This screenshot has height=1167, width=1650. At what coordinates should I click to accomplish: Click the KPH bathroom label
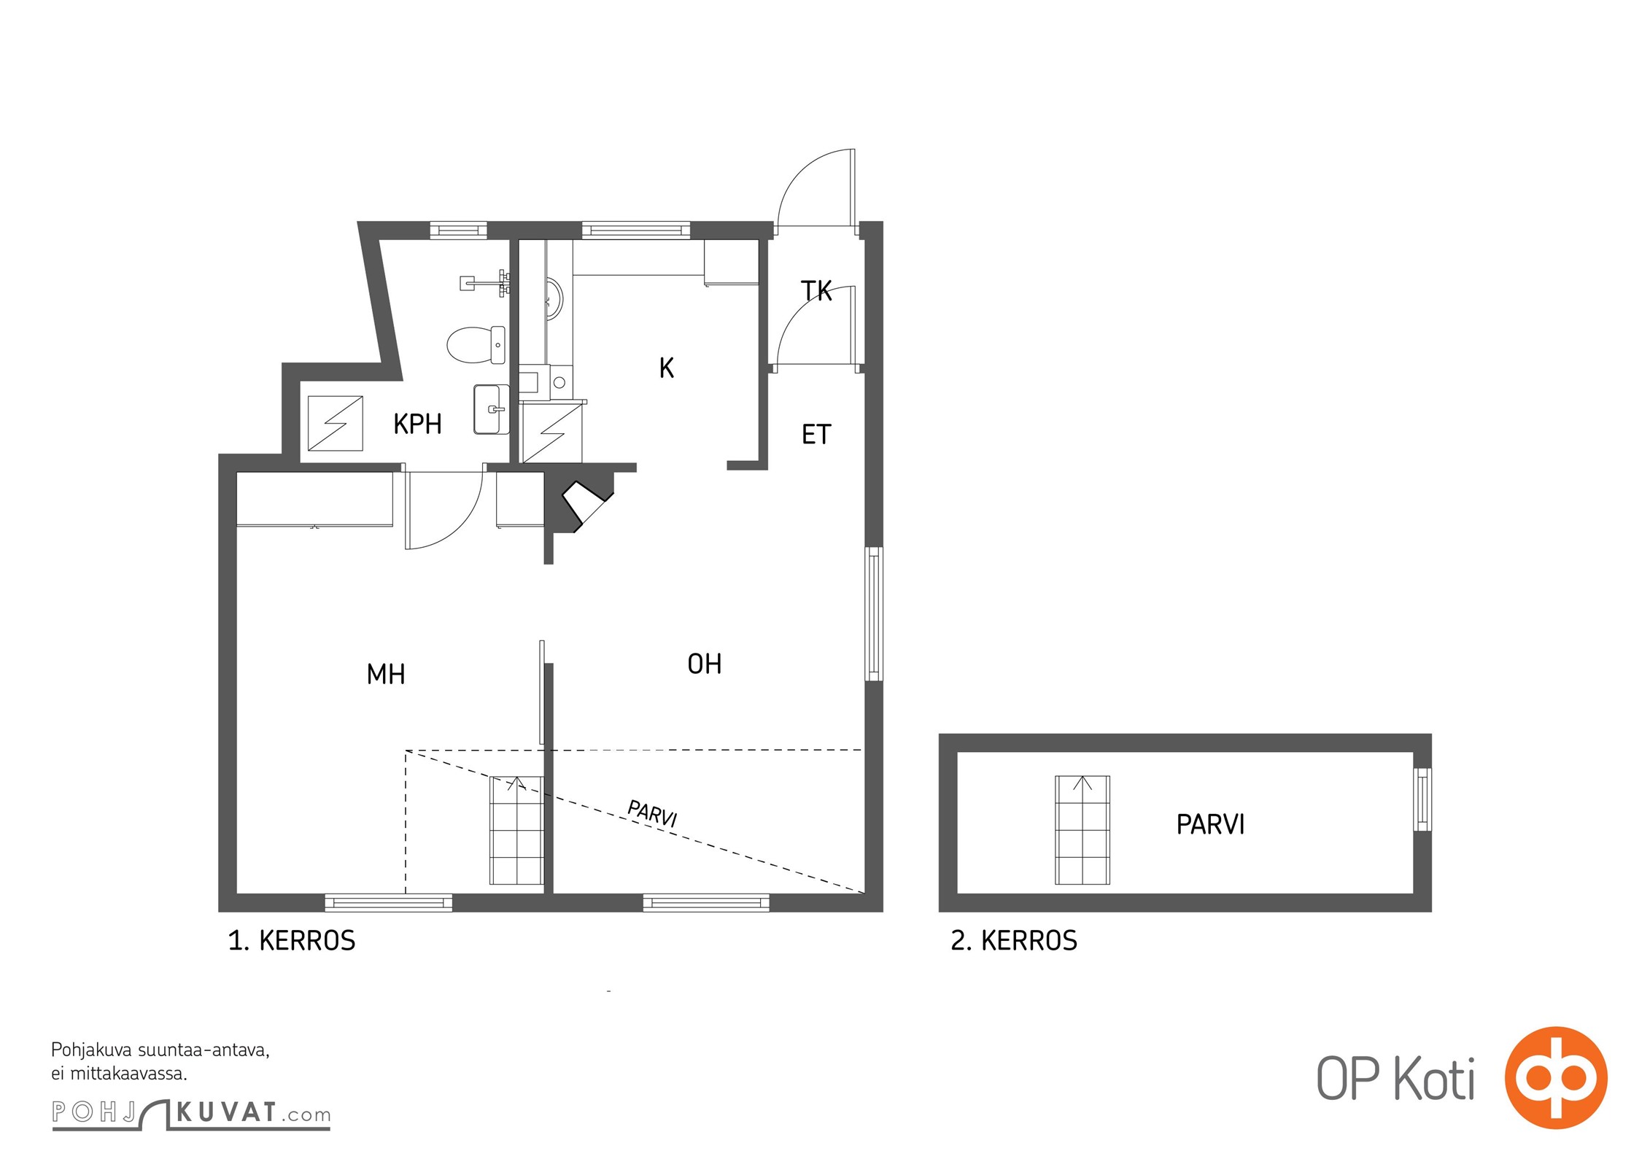(417, 424)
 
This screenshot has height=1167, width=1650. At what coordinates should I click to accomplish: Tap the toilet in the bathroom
(476, 344)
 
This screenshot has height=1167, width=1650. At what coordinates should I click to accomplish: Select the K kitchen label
(666, 368)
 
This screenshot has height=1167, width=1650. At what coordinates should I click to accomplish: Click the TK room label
(816, 291)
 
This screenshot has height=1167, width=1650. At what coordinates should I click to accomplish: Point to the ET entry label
(816, 435)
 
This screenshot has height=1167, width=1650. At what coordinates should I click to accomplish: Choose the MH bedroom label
(386, 674)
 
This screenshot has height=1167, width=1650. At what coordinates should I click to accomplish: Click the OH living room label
(705, 664)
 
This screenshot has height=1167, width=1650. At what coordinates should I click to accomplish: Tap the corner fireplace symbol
(587, 503)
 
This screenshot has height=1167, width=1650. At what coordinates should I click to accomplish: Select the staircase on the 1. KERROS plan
(516, 830)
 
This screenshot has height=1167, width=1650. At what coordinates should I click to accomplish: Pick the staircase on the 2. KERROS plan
(1082, 830)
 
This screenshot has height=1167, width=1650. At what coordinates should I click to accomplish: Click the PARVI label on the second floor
(1210, 825)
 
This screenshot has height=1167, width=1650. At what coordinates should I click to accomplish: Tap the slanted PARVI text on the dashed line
(653, 813)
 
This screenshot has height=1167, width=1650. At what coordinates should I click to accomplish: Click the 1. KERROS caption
(292, 941)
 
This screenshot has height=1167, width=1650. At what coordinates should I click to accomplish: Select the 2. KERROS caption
(1014, 941)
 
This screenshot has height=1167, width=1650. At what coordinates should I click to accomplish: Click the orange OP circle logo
(1556, 1077)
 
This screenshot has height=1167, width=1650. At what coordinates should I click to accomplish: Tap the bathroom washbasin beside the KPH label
(492, 409)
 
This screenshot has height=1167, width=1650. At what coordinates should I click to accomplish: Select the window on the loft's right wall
(1422, 799)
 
